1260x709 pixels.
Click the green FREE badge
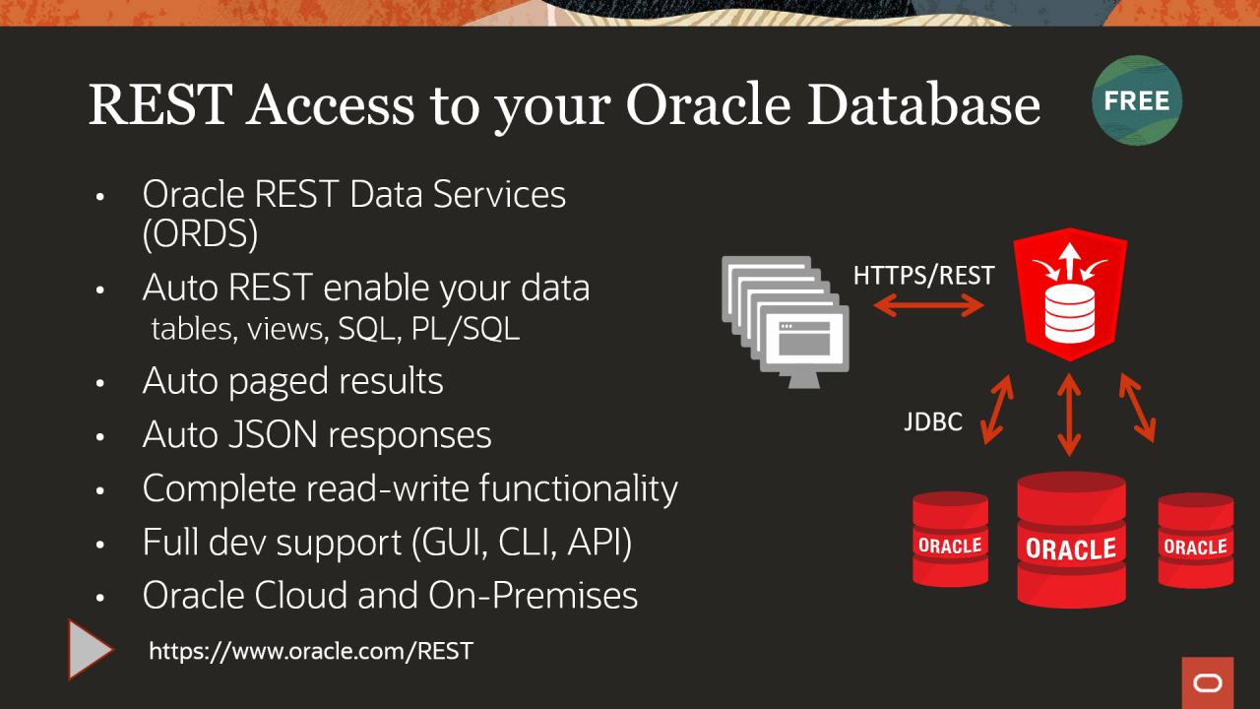1137,100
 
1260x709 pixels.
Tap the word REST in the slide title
160,104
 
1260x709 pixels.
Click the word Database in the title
923,104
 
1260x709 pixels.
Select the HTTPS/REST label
923,275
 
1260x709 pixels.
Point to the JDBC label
933,422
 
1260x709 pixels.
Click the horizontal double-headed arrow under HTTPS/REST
928,306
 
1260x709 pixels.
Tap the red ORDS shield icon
1070,294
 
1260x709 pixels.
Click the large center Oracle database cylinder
1072,540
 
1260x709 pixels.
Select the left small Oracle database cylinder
950,539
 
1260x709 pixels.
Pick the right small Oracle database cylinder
1196,541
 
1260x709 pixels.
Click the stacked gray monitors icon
786,322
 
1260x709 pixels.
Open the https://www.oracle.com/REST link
311,651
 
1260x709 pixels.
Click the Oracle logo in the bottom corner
1208,683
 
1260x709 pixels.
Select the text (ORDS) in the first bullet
200,233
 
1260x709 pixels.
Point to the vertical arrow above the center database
1069,415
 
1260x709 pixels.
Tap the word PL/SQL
466,329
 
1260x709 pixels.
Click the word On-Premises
534,596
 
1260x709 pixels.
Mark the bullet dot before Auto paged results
100,383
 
